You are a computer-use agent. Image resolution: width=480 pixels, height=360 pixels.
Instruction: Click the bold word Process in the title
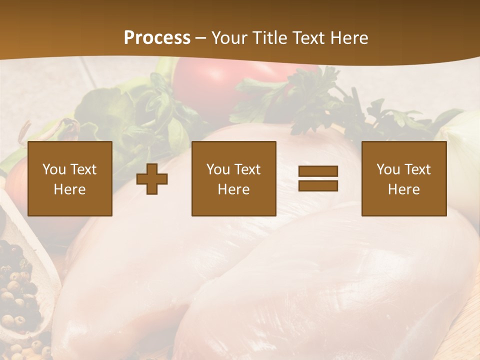157,38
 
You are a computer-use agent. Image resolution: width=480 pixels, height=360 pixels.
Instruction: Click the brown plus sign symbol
152,179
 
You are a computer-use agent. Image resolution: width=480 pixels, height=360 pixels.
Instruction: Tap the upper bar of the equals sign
318,171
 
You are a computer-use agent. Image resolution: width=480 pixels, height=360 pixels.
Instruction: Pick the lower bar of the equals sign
318,186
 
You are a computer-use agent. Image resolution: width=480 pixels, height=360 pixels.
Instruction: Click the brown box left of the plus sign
70,178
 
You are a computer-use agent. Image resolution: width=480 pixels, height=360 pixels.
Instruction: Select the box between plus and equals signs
233,178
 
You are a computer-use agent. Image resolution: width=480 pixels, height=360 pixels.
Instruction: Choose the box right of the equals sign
403,178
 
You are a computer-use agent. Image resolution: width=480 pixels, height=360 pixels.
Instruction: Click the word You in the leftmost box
54,169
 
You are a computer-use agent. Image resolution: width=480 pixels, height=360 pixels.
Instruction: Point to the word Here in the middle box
233,189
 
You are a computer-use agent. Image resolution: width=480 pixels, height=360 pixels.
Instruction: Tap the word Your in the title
229,38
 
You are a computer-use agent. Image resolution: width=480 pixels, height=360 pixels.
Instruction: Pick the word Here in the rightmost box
403,189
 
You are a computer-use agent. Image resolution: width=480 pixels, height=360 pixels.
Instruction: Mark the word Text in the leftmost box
83,169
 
